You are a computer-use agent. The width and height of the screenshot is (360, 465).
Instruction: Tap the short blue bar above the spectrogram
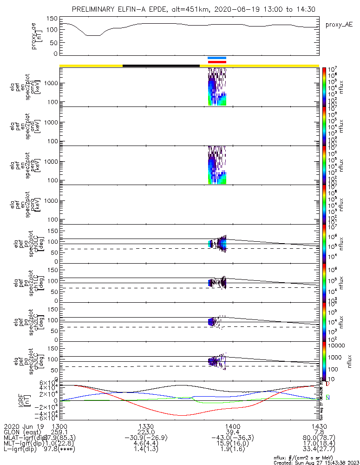click(217, 58)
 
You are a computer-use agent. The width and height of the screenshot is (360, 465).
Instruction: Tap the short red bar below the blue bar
click(217, 62)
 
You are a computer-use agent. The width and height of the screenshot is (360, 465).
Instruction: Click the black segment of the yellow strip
click(161, 66)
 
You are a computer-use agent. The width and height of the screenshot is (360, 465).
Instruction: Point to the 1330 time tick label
click(146, 426)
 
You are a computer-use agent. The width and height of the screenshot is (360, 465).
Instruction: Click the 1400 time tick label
click(232, 426)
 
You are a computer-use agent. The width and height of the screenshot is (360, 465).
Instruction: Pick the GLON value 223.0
click(146, 432)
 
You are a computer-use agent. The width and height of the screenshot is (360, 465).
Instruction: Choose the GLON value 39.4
click(232, 432)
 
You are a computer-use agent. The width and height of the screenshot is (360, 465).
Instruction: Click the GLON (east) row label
click(21, 432)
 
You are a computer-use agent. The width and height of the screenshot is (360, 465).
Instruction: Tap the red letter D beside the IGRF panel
click(328, 385)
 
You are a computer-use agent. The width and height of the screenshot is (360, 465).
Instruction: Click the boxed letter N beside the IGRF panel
click(328, 398)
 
